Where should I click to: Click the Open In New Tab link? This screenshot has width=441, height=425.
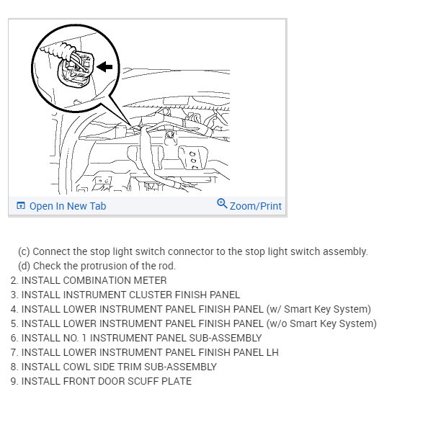click(67, 206)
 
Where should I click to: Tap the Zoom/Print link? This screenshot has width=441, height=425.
click(256, 206)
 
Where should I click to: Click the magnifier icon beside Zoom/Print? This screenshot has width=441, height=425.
click(222, 204)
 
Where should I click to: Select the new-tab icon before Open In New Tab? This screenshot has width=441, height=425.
click(20, 206)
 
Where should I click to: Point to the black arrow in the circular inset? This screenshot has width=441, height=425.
click(105, 66)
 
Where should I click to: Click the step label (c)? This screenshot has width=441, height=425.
click(24, 251)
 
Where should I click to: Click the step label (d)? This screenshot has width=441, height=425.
click(24, 266)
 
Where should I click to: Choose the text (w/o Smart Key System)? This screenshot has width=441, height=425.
click(321, 323)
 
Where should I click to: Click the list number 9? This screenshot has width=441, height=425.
click(14, 381)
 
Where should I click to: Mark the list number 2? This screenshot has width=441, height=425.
click(14, 280)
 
